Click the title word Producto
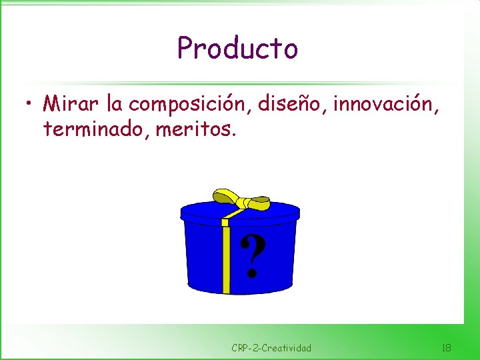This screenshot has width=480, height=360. pos(237,48)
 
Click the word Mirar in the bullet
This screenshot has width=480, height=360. pos(70,103)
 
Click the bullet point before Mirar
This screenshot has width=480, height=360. pos(29,105)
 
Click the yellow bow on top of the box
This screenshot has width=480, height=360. pos(240,199)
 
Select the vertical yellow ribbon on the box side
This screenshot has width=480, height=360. pos(227,260)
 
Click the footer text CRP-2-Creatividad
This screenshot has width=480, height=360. pos(271,347)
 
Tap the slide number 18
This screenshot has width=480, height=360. pos(446,347)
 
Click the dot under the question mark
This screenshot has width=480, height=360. pos(251,273)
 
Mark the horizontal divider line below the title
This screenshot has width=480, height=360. pos(240,84)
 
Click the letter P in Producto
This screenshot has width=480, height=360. pos(185,48)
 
